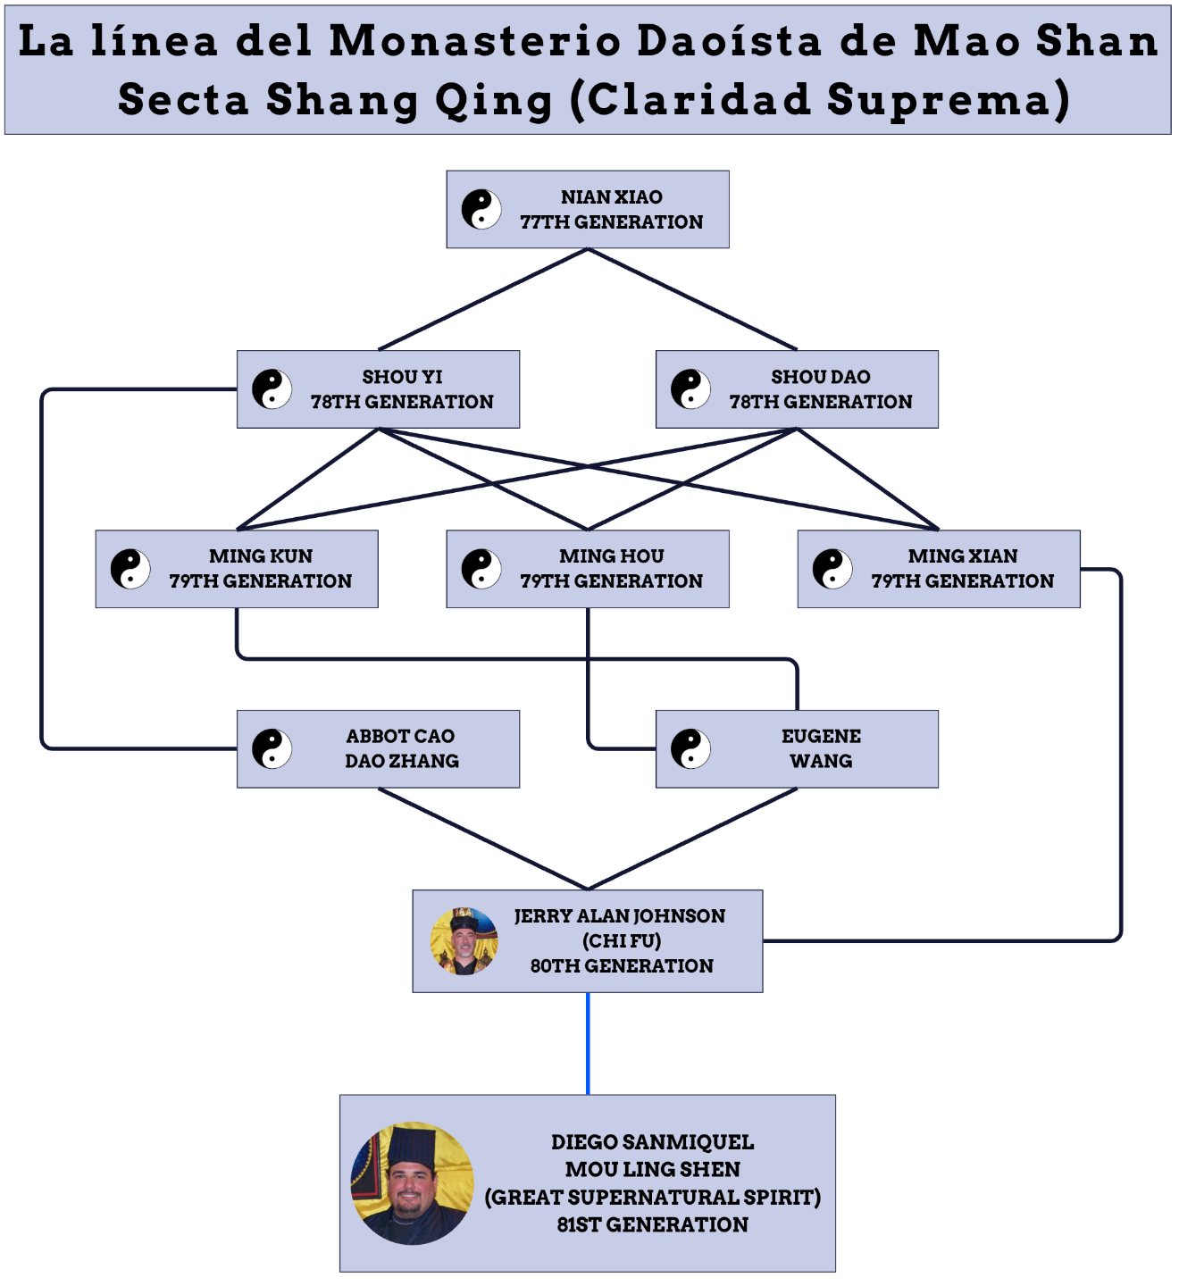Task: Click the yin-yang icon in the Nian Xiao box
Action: tap(481, 209)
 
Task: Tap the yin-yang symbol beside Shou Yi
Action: tap(272, 389)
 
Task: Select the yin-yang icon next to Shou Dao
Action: tap(690, 389)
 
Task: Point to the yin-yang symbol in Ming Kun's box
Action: tap(130, 569)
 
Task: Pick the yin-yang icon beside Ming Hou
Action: tap(481, 569)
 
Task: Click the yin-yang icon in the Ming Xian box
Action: tap(832, 569)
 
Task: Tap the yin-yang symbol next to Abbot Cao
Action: tap(272, 748)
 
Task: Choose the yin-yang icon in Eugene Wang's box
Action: tap(690, 748)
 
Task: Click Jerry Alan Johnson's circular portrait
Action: tap(464, 941)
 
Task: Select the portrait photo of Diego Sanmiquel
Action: tap(413, 1183)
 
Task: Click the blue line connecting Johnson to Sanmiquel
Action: tap(588, 1043)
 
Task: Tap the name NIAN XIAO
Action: tap(612, 196)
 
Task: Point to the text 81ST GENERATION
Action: tap(652, 1224)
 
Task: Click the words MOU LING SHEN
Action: tap(652, 1169)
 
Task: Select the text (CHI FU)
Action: tap(622, 940)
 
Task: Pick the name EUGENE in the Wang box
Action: tap(821, 736)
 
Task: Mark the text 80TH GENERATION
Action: tap(622, 965)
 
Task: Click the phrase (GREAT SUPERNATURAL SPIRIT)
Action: tap(652, 1197)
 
